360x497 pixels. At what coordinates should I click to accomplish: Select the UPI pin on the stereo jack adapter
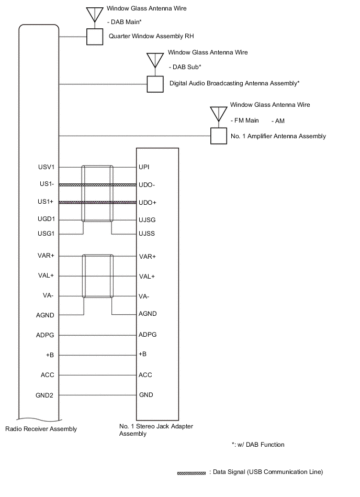(x=144, y=167)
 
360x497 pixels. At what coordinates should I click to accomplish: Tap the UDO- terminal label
(x=148, y=185)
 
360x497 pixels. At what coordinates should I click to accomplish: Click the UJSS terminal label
(x=147, y=234)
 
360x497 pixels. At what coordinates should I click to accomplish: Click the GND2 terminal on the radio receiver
(x=44, y=395)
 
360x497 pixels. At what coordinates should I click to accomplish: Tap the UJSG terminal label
(x=147, y=220)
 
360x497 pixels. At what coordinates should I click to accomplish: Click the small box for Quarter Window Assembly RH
(x=94, y=37)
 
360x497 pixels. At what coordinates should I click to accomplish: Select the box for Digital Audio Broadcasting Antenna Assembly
(x=155, y=84)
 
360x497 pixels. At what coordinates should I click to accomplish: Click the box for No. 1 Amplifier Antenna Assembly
(x=218, y=136)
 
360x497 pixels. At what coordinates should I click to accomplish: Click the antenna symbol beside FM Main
(x=218, y=114)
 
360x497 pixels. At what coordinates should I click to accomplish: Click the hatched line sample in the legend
(x=192, y=473)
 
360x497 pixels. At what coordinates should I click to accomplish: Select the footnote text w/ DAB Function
(x=258, y=445)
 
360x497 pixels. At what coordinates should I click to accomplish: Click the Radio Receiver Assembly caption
(x=41, y=429)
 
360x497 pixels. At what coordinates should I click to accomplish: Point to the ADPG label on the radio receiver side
(x=46, y=335)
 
